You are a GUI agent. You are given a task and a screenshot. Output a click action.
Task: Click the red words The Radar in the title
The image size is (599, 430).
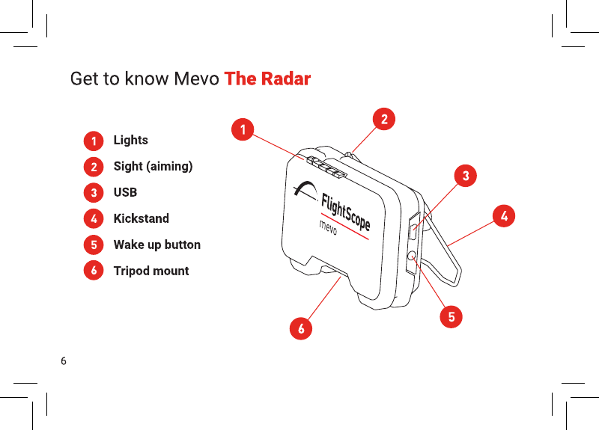tap(267, 79)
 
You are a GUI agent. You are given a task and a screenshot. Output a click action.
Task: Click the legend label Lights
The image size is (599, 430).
tap(130, 140)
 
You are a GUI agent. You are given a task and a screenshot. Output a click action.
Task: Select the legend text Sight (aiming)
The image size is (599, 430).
tap(153, 166)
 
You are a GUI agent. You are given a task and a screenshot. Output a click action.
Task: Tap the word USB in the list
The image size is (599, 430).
tap(125, 192)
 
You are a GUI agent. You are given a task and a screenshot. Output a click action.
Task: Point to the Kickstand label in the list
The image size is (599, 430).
tap(142, 218)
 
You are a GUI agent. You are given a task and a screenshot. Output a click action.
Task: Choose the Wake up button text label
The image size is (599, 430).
tap(157, 245)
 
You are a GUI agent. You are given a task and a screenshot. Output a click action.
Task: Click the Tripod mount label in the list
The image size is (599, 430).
tap(151, 271)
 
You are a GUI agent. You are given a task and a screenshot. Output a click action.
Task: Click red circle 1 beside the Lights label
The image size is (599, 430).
tap(94, 141)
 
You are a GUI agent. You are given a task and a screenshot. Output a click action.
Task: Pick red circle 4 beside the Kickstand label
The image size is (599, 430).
tap(94, 218)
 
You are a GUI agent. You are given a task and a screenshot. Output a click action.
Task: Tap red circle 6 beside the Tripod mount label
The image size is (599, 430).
tap(94, 270)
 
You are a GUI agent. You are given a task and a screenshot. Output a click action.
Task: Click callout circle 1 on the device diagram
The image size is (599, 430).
tap(243, 129)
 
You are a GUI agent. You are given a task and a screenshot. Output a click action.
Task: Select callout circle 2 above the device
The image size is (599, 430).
tap(384, 119)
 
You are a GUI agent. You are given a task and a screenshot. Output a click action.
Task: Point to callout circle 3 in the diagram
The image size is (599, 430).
tap(466, 176)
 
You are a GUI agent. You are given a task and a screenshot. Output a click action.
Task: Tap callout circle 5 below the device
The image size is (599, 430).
tap(451, 316)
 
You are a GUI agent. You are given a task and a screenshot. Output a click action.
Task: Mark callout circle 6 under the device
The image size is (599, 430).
tap(301, 328)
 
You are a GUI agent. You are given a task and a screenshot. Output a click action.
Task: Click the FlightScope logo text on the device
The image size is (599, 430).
tap(345, 212)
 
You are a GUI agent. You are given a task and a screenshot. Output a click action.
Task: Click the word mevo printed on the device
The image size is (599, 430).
tap(328, 227)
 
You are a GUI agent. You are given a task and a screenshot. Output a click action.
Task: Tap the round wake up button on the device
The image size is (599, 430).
tap(413, 256)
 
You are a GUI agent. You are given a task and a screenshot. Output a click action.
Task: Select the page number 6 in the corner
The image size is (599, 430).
tap(64, 361)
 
